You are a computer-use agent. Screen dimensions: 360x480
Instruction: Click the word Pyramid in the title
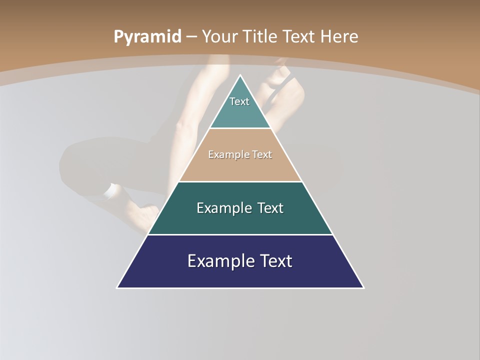[x=147, y=37]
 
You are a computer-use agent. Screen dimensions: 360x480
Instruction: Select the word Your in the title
[x=220, y=36]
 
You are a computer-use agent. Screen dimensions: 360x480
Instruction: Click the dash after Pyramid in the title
[x=191, y=37]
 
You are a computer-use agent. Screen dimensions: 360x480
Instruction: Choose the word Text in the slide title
[x=299, y=36]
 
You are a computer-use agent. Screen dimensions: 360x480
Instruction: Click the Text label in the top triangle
[x=239, y=101]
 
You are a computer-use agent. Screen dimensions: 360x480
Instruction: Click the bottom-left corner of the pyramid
[x=117, y=287]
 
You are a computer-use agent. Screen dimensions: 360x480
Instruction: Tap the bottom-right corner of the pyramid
[x=363, y=287]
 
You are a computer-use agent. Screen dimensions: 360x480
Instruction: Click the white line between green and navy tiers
[x=240, y=234]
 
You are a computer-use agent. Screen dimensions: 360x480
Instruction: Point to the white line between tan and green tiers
[x=240, y=181]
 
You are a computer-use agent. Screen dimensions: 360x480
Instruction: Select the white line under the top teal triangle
[x=240, y=128]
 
